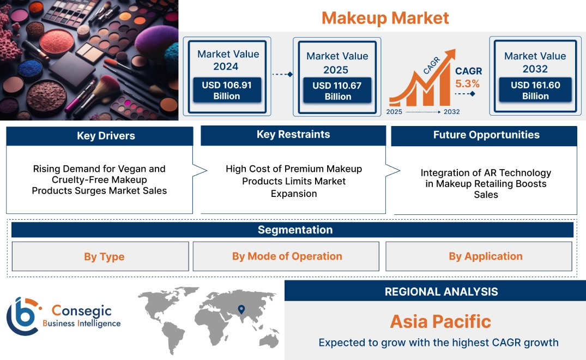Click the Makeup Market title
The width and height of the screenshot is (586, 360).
point(385,18)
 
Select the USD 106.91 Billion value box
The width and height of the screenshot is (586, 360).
point(227,90)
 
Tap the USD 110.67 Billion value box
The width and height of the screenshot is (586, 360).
point(337,91)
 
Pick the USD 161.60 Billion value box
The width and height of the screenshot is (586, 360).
point(535,90)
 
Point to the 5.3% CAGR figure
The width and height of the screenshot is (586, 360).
point(467,83)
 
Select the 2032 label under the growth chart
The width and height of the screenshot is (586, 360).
point(451,112)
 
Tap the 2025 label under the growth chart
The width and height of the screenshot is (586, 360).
point(394,112)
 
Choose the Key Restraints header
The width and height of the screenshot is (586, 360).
point(293,135)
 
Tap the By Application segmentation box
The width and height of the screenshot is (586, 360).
point(479,256)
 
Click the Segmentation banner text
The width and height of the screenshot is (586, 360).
point(295,230)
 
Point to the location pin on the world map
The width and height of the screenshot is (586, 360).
point(241,309)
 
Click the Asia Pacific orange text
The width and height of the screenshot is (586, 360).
point(440,321)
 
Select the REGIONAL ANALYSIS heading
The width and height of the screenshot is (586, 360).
point(442,292)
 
